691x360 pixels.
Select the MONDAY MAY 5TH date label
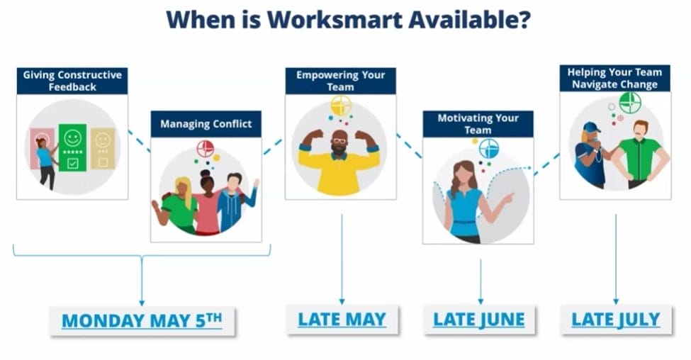tap(142, 320)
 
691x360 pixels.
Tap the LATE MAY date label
tap(342, 320)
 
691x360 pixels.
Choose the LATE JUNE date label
tap(479, 320)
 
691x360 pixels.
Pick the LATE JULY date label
tap(616, 320)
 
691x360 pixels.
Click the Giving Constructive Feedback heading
tap(72, 81)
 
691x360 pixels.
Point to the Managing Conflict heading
tap(206, 124)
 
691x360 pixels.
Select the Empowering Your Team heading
tap(340, 81)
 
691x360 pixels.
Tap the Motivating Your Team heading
tap(478, 124)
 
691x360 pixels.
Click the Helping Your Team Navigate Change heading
tap(614, 78)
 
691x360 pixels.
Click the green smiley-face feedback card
tap(73, 148)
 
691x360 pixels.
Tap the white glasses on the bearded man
tap(339, 141)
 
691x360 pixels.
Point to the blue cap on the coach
tap(591, 128)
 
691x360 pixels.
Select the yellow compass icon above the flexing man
tap(341, 106)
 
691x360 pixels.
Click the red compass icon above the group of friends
tap(206, 149)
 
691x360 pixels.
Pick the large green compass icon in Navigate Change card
tap(630, 103)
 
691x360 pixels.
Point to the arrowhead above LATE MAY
tap(342, 302)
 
